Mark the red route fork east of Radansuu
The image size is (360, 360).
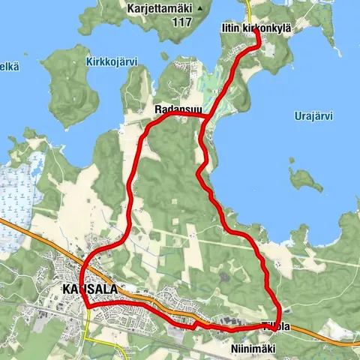tap(206, 118)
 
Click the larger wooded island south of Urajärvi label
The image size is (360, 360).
tap(303, 179)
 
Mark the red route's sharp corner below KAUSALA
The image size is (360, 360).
tap(88, 306)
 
